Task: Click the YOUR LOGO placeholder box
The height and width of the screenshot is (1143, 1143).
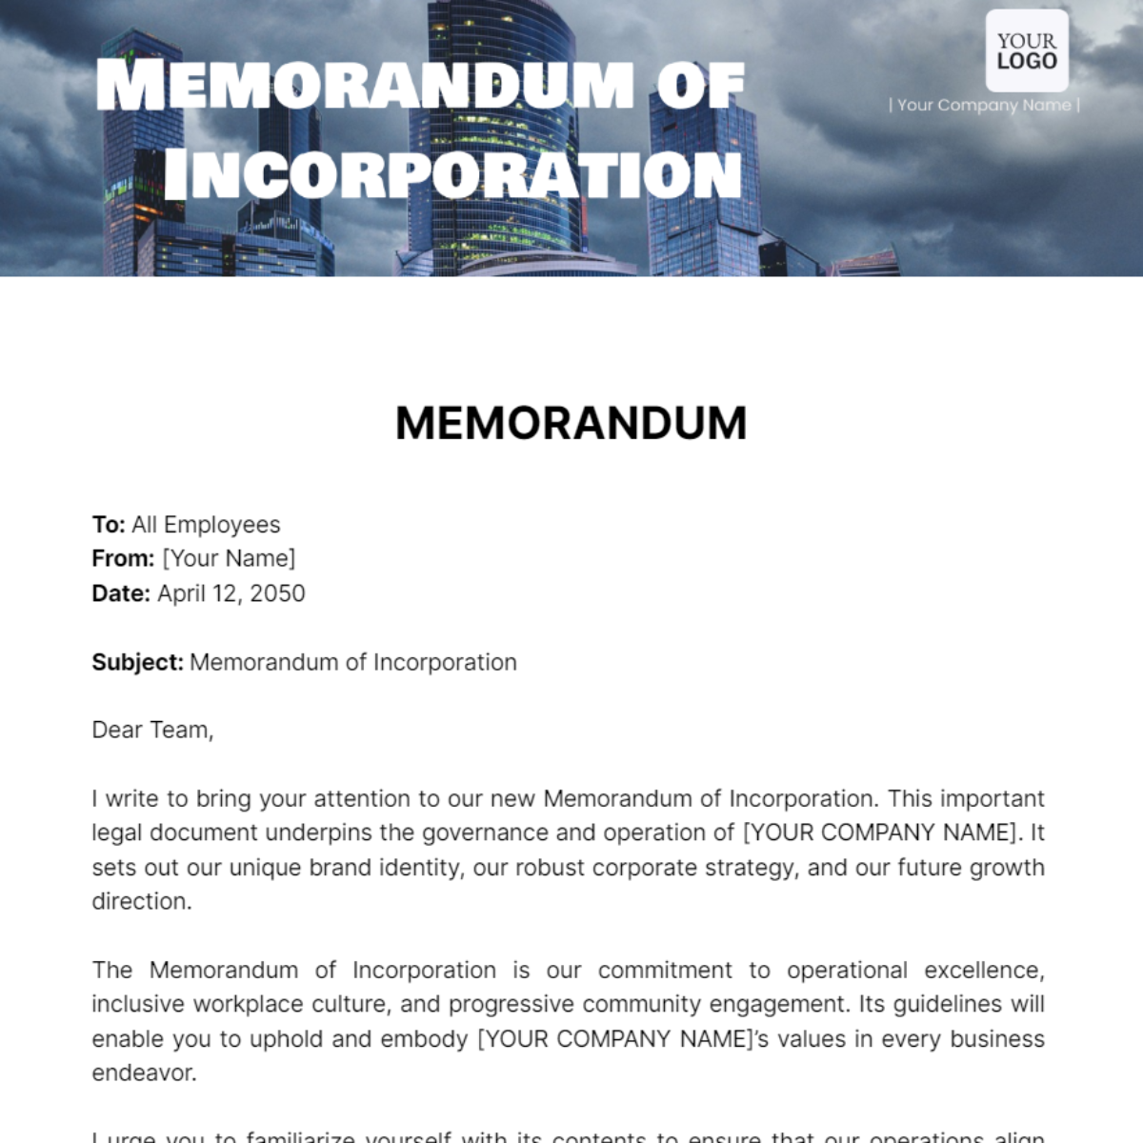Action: click(x=1027, y=51)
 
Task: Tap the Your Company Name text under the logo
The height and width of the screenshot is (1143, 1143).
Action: click(x=984, y=105)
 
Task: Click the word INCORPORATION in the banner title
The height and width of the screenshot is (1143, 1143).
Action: click(x=453, y=174)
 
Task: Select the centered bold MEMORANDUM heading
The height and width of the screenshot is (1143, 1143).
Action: click(x=571, y=423)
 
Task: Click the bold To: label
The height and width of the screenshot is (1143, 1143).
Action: click(x=109, y=525)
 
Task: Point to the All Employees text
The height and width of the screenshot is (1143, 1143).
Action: click(x=206, y=525)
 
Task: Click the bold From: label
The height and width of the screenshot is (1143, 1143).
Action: click(x=123, y=558)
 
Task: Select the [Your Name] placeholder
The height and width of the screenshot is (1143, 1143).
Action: click(x=229, y=558)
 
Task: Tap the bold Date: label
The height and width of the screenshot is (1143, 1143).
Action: click(x=121, y=593)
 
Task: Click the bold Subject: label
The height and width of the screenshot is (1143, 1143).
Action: click(x=137, y=662)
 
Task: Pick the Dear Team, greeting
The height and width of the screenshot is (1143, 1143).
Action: click(x=152, y=731)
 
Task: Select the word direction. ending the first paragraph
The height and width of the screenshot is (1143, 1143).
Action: click(x=142, y=901)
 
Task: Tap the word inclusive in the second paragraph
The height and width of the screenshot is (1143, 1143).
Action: click(x=139, y=1005)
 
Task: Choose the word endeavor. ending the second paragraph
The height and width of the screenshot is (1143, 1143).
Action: click(x=144, y=1073)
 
